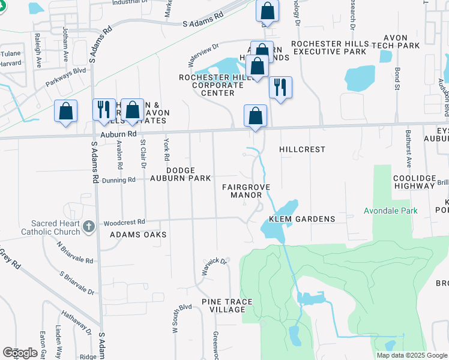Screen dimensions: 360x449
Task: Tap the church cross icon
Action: pyautogui.click(x=89, y=226)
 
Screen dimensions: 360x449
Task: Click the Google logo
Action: pyautogui.click(x=20, y=353)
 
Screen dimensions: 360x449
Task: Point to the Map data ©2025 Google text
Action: pyautogui.click(x=411, y=355)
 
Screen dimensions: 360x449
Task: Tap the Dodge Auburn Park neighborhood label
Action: pyautogui.click(x=180, y=174)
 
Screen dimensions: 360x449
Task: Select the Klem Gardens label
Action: pyautogui.click(x=302, y=219)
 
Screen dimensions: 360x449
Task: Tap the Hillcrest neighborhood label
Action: pyautogui.click(x=303, y=149)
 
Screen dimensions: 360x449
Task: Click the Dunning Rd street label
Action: pyautogui.click(x=118, y=180)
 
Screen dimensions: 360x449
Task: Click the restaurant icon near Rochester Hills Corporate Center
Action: pyautogui.click(x=280, y=88)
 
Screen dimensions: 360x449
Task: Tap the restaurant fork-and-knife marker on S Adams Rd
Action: pyautogui.click(x=104, y=109)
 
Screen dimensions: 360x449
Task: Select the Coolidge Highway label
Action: pyautogui.click(x=414, y=182)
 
